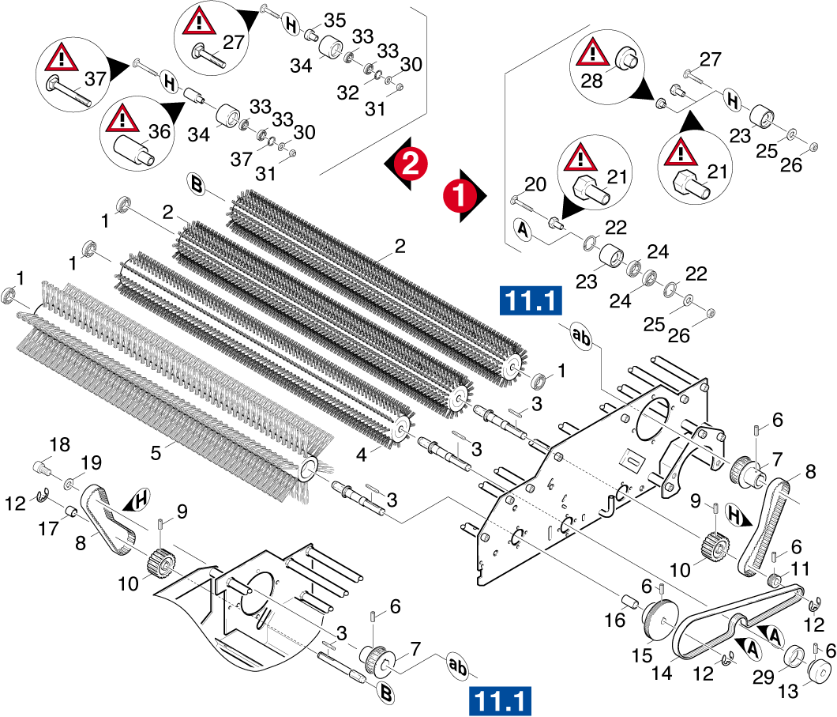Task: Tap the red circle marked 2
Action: [x=410, y=163]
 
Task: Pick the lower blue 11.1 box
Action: [x=500, y=700]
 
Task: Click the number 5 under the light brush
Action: [x=156, y=453]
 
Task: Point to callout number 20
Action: [x=535, y=184]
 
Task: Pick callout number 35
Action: [x=335, y=21]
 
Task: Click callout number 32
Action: [x=348, y=92]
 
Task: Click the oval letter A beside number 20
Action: [x=520, y=229]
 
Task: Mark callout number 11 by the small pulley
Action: [x=801, y=568]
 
